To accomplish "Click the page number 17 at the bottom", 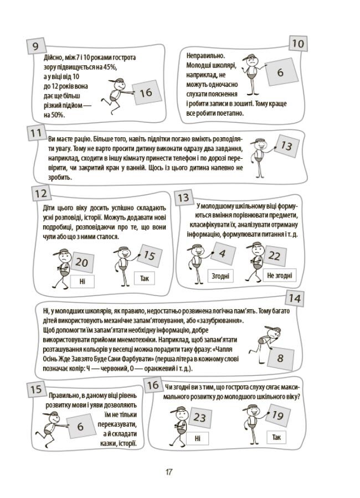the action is [168, 471].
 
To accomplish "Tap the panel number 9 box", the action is [35, 46].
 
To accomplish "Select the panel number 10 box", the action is [298, 44].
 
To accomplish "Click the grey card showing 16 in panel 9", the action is [146, 92].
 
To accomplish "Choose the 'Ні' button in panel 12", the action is [83, 282].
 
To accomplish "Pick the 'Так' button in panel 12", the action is [145, 278].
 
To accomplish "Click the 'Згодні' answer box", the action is [220, 276].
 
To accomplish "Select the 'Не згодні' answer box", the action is [280, 275].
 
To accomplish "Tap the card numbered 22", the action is [274, 256].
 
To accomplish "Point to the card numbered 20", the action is [83, 262].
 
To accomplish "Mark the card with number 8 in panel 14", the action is [280, 358].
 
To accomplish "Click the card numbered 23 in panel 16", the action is [200, 417].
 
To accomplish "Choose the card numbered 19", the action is [277, 416].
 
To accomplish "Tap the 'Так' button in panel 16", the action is [276, 437].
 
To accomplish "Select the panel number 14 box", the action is [295, 299].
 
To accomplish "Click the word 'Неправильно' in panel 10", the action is [205, 55].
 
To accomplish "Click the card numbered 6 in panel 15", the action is [80, 426].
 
